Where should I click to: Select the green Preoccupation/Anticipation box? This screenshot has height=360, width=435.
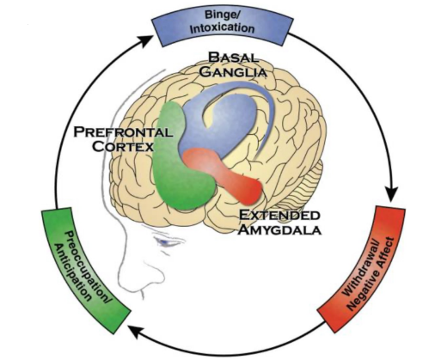tap(85, 270)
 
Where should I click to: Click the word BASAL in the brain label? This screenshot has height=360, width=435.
tap(233, 58)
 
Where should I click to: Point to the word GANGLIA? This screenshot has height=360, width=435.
tap(233, 71)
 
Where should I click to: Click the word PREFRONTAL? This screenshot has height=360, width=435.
tap(124, 132)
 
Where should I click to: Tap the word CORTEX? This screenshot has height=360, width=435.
tap(123, 147)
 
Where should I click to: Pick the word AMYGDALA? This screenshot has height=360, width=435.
tap(279, 229)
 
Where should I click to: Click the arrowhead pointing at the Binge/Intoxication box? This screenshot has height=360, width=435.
tap(146, 40)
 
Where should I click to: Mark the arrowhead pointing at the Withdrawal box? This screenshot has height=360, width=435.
tap(392, 193)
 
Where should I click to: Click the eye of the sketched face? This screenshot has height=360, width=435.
tap(167, 242)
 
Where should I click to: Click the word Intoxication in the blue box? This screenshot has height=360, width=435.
tap(222, 28)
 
